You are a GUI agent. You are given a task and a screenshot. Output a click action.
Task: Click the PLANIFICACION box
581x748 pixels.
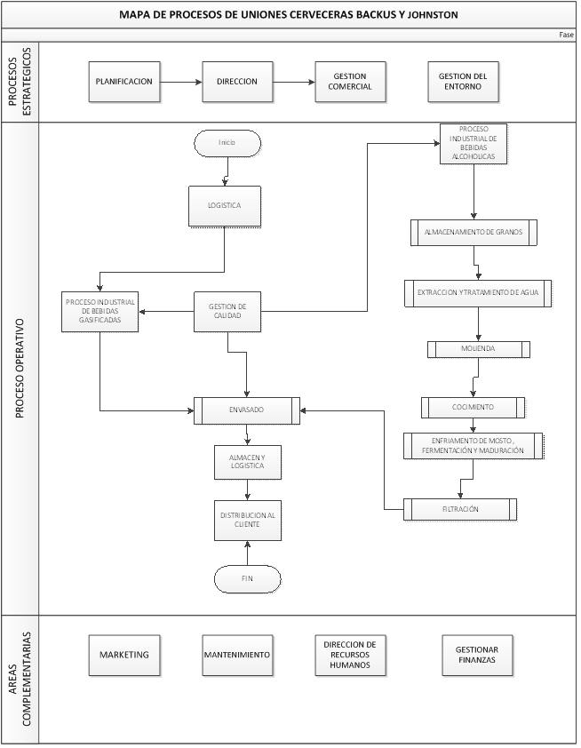[124, 82]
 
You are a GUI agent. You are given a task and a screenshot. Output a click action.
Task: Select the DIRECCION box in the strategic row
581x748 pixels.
[236, 82]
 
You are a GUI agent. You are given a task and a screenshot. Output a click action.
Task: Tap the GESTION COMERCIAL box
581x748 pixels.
[349, 82]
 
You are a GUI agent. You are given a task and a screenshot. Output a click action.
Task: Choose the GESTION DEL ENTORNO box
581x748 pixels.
[462, 82]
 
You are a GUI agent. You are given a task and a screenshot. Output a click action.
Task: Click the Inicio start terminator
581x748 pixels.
[227, 143]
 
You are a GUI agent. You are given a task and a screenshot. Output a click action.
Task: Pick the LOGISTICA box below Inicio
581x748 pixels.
[225, 205]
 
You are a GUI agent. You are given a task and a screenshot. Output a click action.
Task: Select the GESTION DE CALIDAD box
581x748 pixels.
[227, 312]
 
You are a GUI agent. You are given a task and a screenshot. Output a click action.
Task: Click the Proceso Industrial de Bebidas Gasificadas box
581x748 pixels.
[99, 312]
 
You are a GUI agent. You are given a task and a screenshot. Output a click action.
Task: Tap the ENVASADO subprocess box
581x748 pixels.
[247, 410]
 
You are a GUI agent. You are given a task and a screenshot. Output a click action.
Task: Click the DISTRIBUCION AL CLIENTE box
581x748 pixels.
[247, 520]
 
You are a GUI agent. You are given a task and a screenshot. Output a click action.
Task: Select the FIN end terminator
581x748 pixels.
[247, 578]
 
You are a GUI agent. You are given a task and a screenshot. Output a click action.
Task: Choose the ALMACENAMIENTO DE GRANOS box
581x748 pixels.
[474, 232]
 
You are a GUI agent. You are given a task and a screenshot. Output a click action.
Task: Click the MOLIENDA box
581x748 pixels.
[478, 349]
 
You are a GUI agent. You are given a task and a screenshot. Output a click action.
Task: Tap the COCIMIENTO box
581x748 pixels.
[473, 407]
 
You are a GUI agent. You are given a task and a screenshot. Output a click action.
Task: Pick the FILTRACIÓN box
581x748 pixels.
[459, 509]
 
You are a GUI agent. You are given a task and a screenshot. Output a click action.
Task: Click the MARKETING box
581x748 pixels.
[124, 655]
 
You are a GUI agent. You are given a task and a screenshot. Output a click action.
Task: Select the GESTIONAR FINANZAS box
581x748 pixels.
[479, 655]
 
